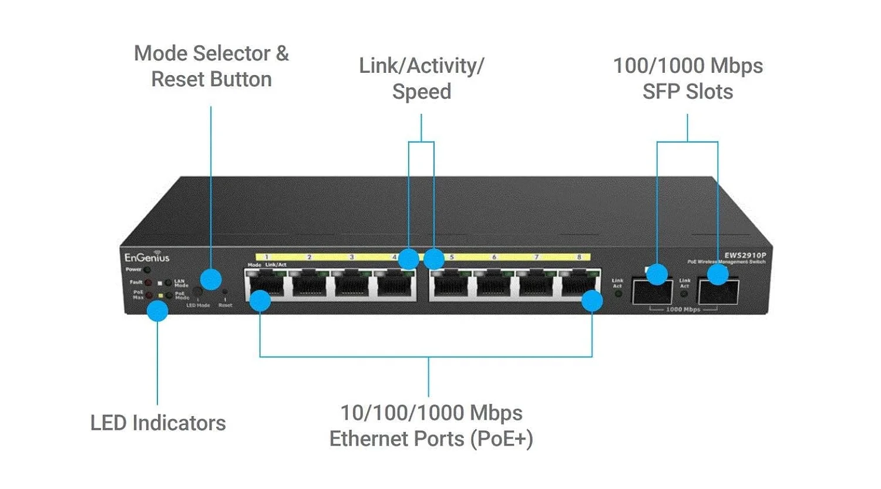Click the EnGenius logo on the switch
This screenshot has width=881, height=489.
pos(146,257)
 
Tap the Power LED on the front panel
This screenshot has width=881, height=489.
pos(147,270)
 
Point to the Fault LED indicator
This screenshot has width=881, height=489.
pos(147,283)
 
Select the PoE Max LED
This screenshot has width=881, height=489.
pos(148,295)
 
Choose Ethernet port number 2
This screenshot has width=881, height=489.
pos(310,286)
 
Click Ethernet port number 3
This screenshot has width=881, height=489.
pos(352,286)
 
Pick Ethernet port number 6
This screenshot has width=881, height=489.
pos(494,286)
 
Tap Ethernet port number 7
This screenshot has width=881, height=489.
pos(536,286)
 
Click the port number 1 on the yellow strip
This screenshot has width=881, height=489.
pos(267,257)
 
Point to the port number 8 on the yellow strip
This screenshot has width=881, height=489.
pos(579,257)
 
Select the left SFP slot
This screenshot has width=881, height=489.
pos(652,291)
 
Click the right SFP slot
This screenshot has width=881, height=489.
pos(718,291)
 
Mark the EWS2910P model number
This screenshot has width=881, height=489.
pos(745,255)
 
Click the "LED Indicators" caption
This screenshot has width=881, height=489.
pos(158,423)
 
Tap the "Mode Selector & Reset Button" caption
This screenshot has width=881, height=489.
pos(211,66)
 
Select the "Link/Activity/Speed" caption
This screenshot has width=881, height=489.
pos(422,79)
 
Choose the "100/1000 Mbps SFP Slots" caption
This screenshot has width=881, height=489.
pos(688,79)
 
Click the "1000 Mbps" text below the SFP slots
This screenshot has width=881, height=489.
pos(683,309)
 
